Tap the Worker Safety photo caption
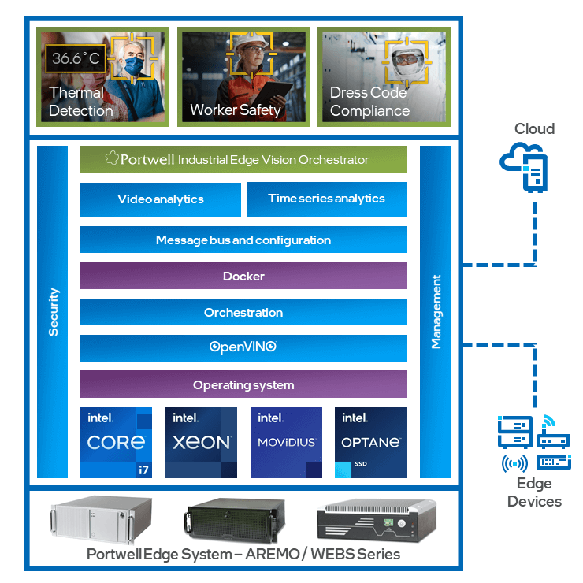[x=235, y=110]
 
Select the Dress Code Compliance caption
[x=369, y=102]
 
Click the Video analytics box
[x=161, y=199]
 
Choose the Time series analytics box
[x=326, y=199]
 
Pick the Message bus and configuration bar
[x=243, y=240]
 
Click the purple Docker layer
[x=243, y=277]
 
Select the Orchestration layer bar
[x=243, y=313]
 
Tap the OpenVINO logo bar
[x=243, y=347]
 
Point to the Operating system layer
[x=243, y=385]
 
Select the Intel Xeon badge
[x=201, y=442]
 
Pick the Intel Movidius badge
[x=286, y=442]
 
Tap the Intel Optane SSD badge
[x=370, y=442]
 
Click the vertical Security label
[x=54, y=312]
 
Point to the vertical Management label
[x=436, y=312]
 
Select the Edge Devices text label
[x=534, y=492]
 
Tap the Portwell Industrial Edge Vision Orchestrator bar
[x=243, y=159]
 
